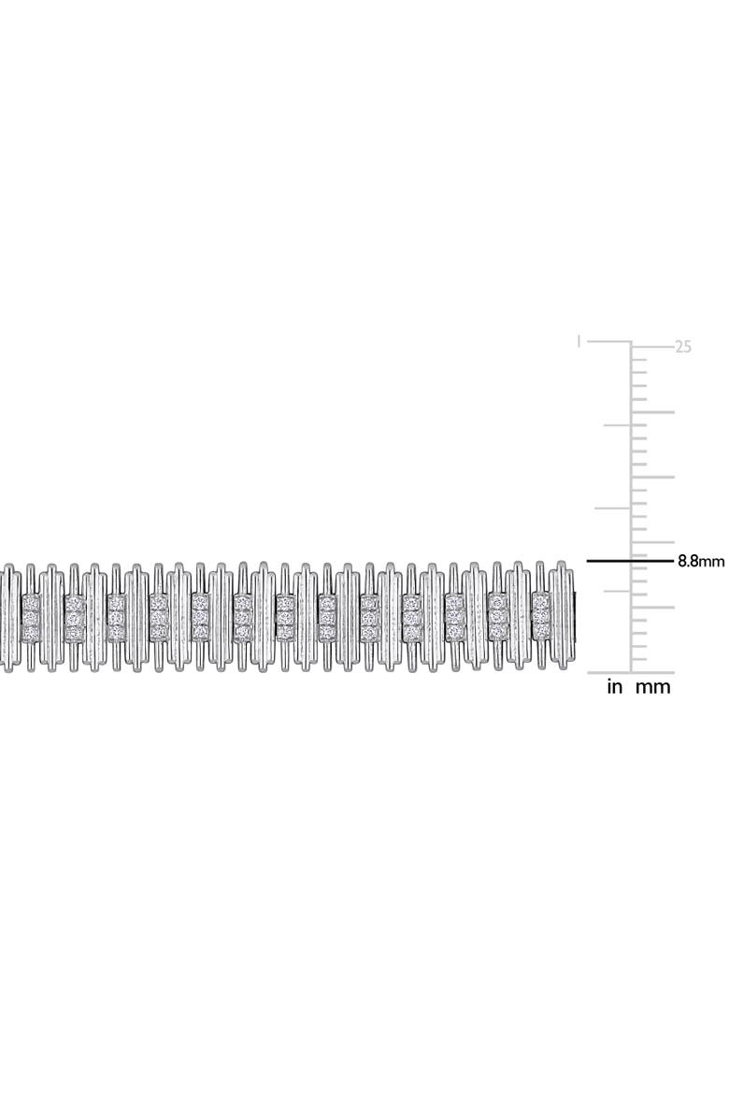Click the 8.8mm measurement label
pyautogui.click(x=700, y=561)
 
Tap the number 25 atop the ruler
pyautogui.click(x=683, y=347)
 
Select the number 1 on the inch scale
pyautogui.click(x=579, y=342)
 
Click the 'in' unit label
pyautogui.click(x=614, y=688)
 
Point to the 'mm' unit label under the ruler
pyautogui.click(x=653, y=688)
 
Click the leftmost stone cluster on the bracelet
pyautogui.click(x=31, y=617)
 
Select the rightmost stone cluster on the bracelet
pyautogui.click(x=540, y=617)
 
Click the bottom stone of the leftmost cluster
pyautogui.click(x=31, y=633)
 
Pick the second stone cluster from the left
pyautogui.click(x=73, y=617)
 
